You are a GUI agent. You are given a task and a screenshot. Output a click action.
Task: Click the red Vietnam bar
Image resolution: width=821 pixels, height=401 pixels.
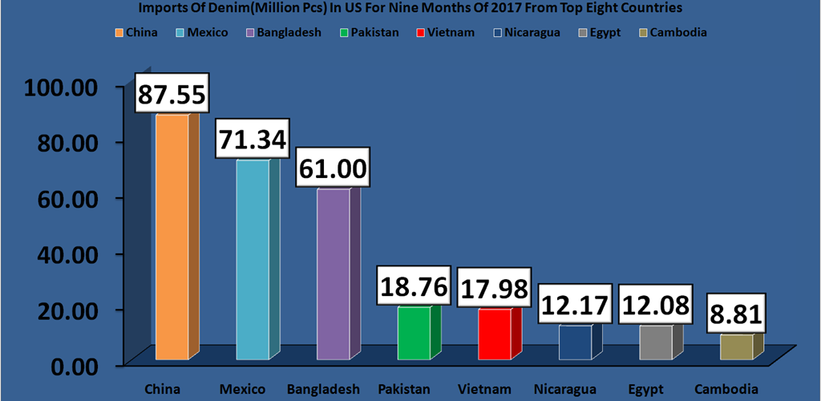[495, 334]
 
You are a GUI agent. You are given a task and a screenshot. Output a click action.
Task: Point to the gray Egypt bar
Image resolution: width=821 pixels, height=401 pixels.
[656, 342]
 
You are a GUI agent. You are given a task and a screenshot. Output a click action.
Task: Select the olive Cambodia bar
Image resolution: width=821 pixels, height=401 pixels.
[736, 346]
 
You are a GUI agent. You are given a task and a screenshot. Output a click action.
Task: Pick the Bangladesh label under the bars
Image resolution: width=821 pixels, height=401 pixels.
[323, 390]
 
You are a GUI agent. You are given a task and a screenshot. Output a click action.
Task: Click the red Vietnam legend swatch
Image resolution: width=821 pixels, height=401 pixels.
[422, 33]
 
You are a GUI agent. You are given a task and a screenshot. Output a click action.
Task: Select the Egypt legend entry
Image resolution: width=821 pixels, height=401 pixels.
[625, 33]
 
